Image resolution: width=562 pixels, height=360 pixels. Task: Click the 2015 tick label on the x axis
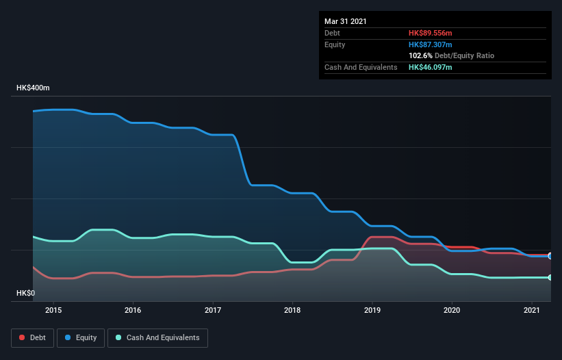click(x=53, y=310)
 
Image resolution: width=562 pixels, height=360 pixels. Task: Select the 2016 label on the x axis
click(x=133, y=310)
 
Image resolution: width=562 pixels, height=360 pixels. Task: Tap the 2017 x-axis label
click(x=213, y=310)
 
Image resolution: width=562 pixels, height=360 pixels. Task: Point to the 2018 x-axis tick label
click(x=292, y=310)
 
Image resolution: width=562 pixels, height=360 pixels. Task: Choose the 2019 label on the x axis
click(x=372, y=310)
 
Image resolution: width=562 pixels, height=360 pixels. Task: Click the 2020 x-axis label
click(x=452, y=310)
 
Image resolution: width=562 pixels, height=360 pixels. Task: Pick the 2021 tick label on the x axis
click(x=531, y=310)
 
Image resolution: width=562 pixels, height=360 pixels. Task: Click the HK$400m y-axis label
click(x=33, y=88)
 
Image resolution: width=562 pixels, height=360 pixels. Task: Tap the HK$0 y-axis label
click(x=26, y=293)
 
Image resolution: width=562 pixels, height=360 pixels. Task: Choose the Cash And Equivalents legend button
click(x=157, y=337)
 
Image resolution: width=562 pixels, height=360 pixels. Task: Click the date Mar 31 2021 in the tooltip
click(x=346, y=21)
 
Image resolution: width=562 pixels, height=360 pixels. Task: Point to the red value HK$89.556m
click(x=431, y=33)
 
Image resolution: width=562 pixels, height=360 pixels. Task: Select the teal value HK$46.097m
click(x=431, y=67)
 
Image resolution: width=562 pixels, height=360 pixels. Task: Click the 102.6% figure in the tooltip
click(x=420, y=55)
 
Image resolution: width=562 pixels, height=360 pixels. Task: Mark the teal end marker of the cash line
click(x=550, y=277)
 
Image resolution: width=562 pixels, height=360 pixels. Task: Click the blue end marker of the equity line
click(x=550, y=256)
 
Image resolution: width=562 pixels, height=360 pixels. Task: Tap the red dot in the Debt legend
click(x=23, y=337)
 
